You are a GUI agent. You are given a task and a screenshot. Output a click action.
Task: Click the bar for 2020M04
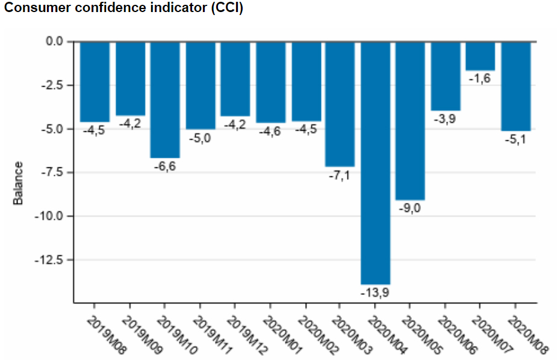point(375,163)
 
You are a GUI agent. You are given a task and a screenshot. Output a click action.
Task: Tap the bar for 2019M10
point(165,99)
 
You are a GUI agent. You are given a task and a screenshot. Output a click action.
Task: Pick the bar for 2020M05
point(410,120)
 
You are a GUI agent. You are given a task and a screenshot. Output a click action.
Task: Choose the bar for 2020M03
point(340,104)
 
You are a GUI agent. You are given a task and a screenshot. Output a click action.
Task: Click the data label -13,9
point(375,293)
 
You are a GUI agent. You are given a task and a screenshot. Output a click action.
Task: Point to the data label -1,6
point(480,79)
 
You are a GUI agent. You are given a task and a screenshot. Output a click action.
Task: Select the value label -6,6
point(164,166)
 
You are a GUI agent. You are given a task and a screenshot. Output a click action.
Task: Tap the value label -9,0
point(410,208)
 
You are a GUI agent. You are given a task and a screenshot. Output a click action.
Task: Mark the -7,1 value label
point(340,175)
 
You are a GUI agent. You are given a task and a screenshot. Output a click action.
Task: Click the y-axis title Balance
point(19,182)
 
